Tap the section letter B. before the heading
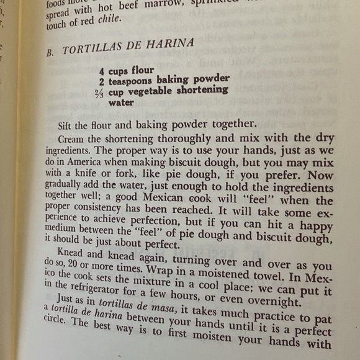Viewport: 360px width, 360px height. point(50,53)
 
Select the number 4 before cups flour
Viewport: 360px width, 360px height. point(101,71)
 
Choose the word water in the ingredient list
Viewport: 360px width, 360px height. point(121,103)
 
